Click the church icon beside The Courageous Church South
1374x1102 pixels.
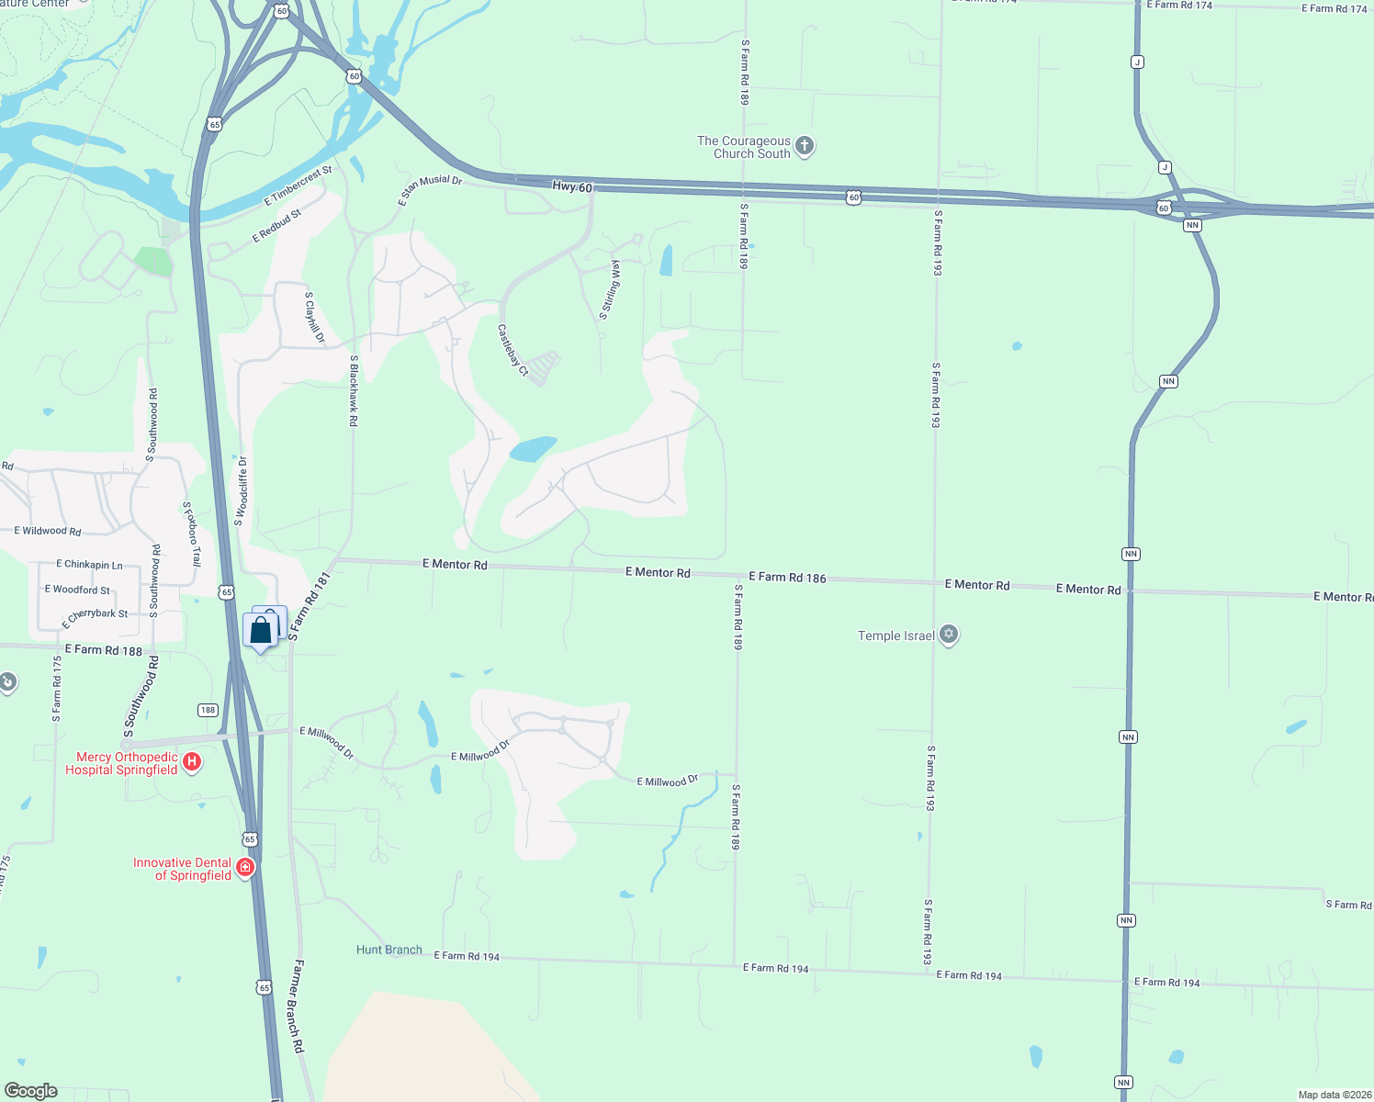[805, 145]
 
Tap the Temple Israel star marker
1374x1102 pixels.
[949, 635]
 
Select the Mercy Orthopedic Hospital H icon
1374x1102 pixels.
[192, 761]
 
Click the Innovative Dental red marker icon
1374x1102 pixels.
[244, 867]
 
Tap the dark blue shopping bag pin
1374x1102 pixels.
[261, 630]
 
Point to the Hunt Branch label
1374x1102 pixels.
[389, 950]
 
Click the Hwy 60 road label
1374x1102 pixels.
[572, 186]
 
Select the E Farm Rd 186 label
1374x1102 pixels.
[787, 577]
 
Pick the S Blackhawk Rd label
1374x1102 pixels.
[354, 391]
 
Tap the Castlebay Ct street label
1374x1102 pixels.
[513, 350]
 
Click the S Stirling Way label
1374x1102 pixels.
[611, 290]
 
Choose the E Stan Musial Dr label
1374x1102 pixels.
[431, 190]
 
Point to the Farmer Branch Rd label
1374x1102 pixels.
[298, 1006]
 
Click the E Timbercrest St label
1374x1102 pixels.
[298, 186]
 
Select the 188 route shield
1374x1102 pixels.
[208, 710]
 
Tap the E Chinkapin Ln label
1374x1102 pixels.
[89, 565]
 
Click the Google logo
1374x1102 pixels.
[31, 1091]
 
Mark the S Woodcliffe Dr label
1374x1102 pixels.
[242, 491]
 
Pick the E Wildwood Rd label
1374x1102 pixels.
[48, 531]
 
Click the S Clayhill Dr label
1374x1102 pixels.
[314, 318]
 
